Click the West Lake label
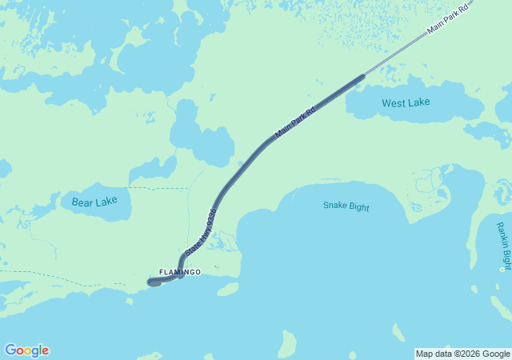point(406,102)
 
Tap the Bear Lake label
point(94,202)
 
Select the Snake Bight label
point(346,206)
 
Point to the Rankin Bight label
point(502,246)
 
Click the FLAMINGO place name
point(180,272)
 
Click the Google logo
point(26,350)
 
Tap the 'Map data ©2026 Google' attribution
point(462,354)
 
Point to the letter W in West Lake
point(387,102)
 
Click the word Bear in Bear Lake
point(82,202)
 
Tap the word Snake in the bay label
point(335,206)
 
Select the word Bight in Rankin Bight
point(505,258)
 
